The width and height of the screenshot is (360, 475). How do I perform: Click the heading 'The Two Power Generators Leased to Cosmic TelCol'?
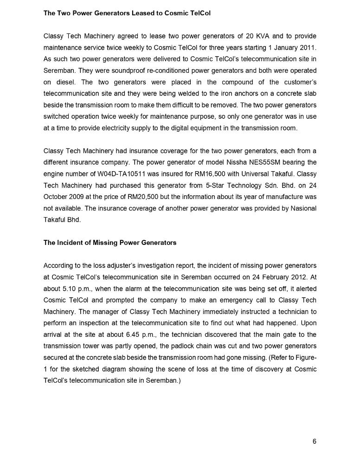click(127, 13)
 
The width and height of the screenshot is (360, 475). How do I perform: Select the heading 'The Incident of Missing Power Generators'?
click(110, 243)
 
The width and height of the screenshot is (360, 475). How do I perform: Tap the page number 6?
click(314, 441)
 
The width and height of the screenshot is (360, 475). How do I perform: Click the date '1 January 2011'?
click(292, 48)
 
